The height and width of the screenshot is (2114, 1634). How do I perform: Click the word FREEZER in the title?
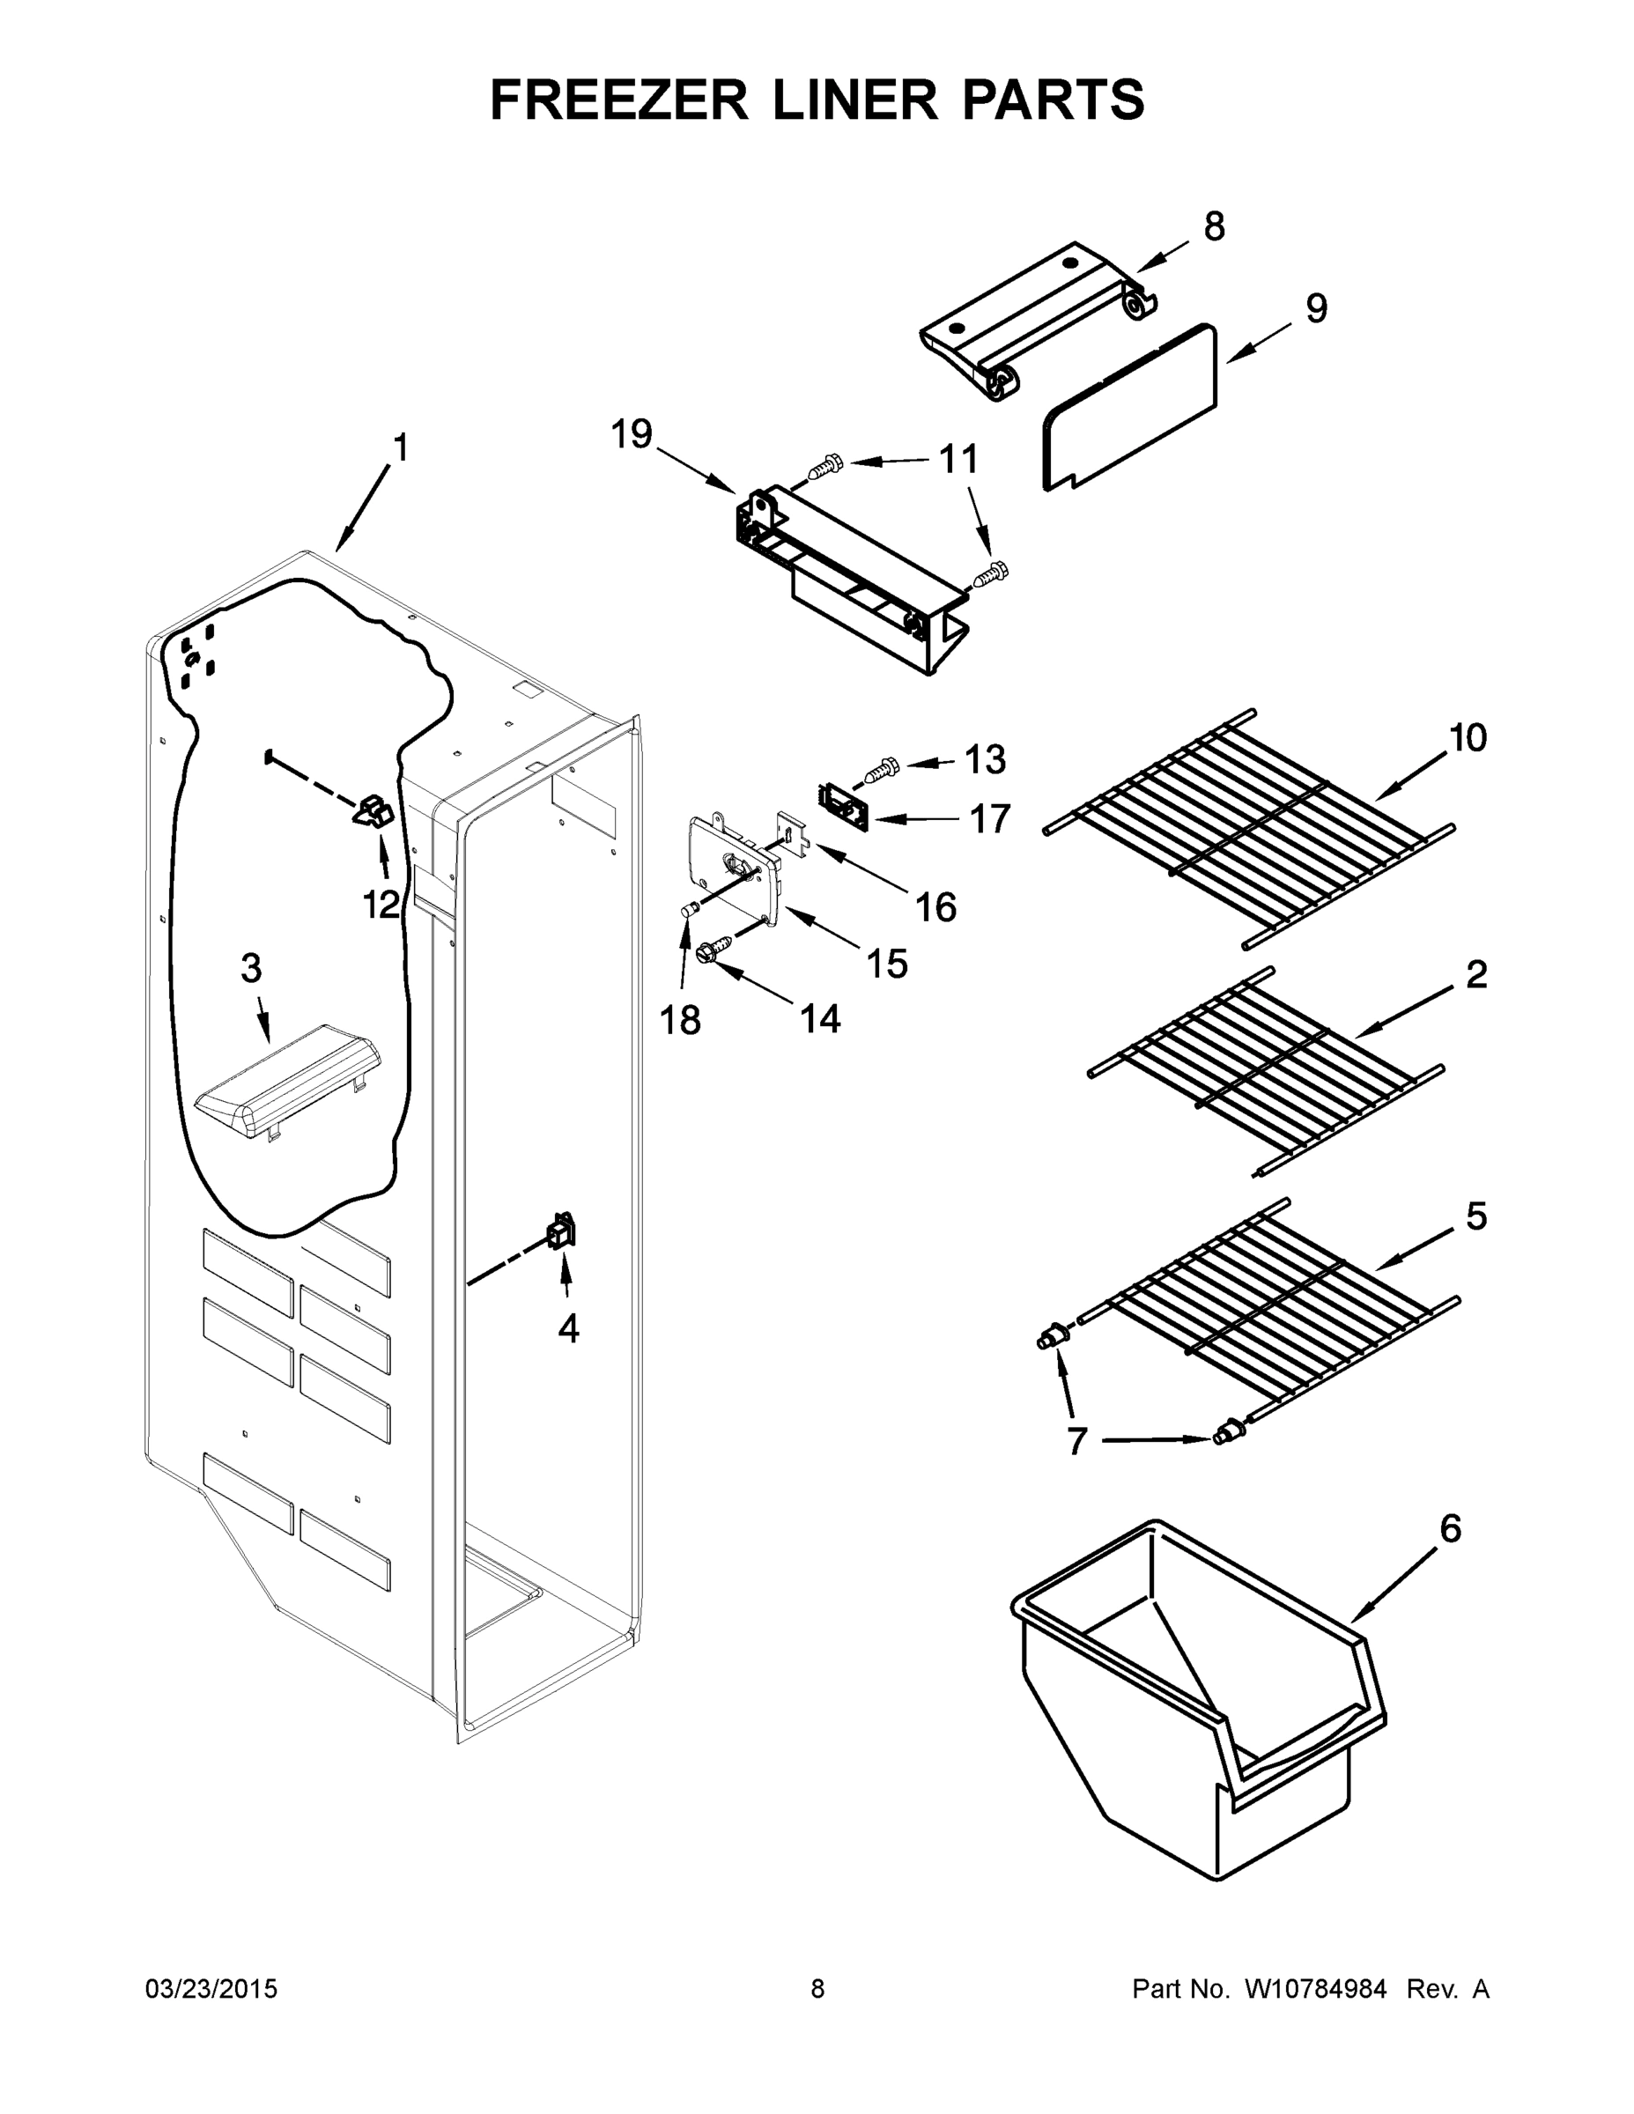[618, 100]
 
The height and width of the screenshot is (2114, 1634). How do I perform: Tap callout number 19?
[632, 434]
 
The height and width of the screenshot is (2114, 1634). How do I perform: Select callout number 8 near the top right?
[1214, 226]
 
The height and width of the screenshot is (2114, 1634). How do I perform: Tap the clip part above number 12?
[373, 810]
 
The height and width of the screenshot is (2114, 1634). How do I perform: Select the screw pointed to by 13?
[881, 770]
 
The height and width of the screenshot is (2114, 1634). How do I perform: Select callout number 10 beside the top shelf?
[1467, 737]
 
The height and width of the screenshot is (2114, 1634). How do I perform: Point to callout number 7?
[1077, 1468]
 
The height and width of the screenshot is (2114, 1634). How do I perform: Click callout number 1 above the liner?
[400, 448]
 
